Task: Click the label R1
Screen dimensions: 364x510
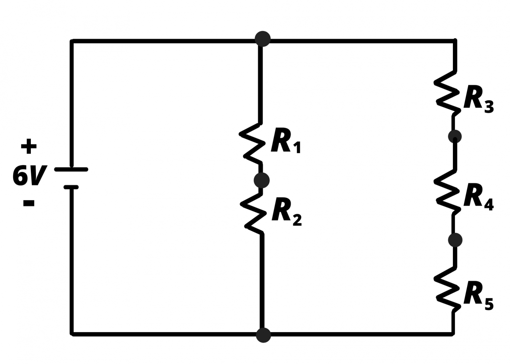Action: pos(285,140)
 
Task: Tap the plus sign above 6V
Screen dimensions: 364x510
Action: pos(29,146)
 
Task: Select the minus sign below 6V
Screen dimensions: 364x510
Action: pos(29,203)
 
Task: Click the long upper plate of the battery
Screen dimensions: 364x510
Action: pos(71,170)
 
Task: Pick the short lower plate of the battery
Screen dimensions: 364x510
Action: pos(71,187)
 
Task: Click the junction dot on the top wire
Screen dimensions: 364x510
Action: pos(263,39)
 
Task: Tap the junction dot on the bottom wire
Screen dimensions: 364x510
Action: pos(264,335)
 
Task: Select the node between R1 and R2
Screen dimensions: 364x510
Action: pos(262,180)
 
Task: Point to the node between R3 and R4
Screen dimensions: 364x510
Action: pos(455,136)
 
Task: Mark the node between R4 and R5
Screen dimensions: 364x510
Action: pos(455,240)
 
